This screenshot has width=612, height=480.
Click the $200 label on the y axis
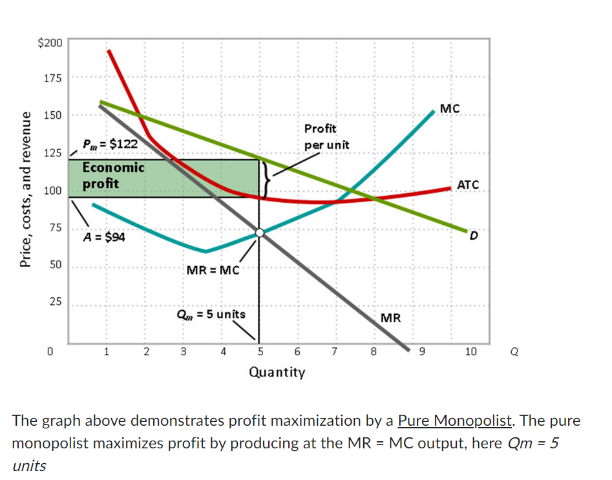50,43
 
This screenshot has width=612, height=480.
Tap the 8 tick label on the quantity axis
373,351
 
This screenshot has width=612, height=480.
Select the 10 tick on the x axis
471,351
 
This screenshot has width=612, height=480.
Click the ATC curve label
467,185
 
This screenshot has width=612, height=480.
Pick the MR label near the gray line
390,318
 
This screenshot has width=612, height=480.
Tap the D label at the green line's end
474,237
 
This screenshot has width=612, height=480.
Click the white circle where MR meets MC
260,233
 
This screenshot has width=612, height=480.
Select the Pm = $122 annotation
109,144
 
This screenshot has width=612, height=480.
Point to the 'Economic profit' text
112,175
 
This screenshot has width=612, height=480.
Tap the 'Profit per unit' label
326,136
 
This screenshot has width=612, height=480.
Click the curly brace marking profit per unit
266,178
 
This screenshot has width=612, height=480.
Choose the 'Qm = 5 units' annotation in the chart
211,315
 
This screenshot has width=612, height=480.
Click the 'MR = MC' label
213,270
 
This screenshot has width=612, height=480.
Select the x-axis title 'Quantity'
277,372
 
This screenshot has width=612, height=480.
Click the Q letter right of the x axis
514,352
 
